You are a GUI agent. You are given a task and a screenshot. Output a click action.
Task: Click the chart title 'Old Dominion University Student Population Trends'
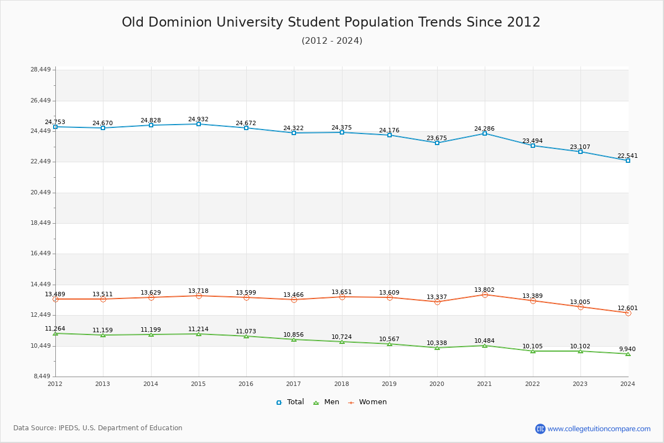click(331, 22)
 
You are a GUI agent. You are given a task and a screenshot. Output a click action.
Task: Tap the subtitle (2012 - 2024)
click(332, 41)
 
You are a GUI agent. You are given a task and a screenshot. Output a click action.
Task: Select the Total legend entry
click(290, 402)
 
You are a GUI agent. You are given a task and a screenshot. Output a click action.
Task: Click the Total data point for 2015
click(199, 124)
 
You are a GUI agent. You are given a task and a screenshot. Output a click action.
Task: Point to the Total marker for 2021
click(485, 133)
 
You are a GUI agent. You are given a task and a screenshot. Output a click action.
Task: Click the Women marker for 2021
click(485, 295)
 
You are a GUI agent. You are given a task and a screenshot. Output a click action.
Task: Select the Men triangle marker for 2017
click(294, 339)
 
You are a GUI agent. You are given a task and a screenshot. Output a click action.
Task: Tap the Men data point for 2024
click(628, 354)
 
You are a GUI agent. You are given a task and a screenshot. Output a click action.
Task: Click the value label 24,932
click(198, 119)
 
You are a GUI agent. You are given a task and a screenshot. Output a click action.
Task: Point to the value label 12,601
click(627, 308)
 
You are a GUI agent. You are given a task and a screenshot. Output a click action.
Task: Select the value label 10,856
click(293, 334)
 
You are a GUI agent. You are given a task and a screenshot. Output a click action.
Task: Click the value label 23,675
click(437, 138)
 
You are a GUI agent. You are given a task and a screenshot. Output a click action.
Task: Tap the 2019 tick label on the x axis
click(390, 384)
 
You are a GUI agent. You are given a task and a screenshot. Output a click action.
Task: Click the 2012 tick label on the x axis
click(55, 384)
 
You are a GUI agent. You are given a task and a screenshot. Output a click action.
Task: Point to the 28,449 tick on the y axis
click(40, 70)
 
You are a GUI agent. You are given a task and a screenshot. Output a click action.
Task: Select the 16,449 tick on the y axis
click(40, 254)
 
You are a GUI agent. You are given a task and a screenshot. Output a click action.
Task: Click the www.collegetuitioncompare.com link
click(599, 429)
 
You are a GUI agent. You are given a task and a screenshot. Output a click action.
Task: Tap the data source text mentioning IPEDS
click(98, 428)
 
